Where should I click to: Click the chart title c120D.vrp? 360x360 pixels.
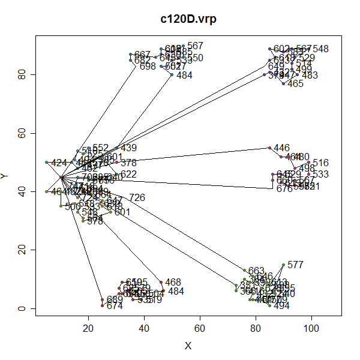point(188,19)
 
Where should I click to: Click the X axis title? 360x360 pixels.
point(188,346)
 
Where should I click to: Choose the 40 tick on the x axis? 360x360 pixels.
point(144,316)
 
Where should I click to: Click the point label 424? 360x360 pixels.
point(59,163)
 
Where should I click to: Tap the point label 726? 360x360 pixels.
point(137,198)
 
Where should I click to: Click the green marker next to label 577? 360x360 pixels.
point(283,265)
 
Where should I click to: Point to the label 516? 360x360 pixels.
point(320,163)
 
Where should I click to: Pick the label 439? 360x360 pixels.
point(129,148)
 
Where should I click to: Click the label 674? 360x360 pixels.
point(115,306)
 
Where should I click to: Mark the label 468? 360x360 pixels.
point(173,282)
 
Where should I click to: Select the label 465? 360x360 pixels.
point(296,84)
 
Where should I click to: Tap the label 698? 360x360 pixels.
point(148,67)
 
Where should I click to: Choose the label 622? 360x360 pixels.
point(128,175)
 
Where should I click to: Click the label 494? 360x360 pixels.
point(281,306)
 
